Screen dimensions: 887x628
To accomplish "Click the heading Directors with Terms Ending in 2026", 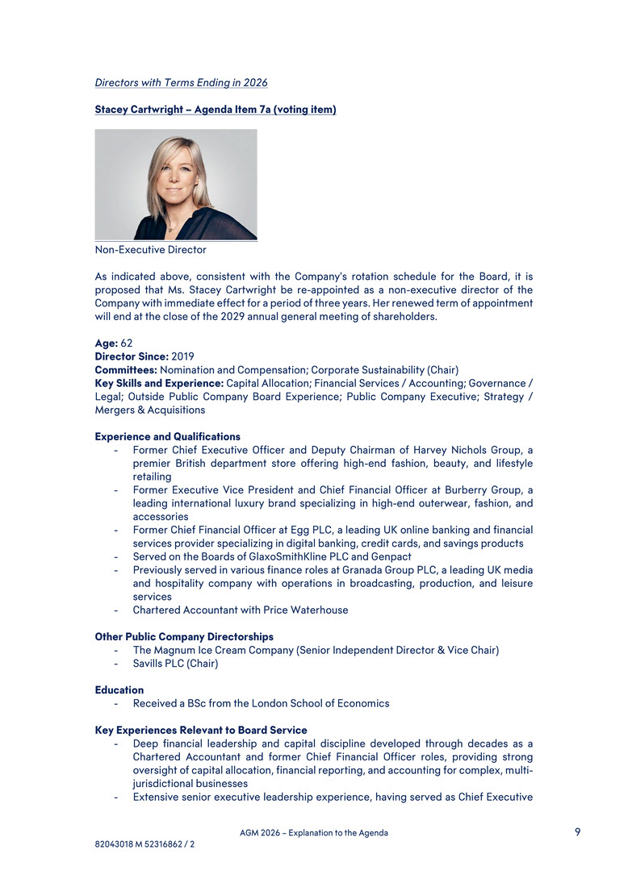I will [181, 83].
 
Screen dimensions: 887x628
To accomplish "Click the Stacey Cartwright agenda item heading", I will [216, 110].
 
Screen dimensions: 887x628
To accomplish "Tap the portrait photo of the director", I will [176, 185].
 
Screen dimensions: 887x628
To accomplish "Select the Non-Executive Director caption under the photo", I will [150, 250].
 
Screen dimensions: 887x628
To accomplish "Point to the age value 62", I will [127, 343].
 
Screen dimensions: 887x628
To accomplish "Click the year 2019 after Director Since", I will [182, 356].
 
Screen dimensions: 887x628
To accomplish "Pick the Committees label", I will [126, 370].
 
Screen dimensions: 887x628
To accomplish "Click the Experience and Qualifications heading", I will [167, 437].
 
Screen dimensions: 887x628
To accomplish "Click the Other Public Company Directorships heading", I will [184, 637].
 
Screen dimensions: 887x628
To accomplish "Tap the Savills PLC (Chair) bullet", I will [175, 664].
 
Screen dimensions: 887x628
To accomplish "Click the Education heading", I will [119, 690].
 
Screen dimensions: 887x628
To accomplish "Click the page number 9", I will [577, 832].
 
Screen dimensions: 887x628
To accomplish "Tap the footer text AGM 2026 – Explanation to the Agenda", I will [313, 833].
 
